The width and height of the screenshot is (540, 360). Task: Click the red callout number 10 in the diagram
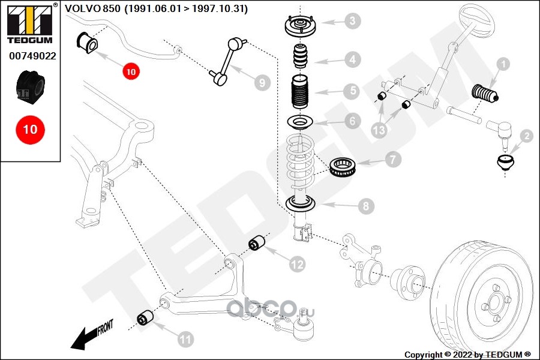pyautogui.click(x=131, y=71)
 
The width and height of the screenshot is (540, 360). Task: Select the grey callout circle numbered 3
pyautogui.click(x=352, y=22)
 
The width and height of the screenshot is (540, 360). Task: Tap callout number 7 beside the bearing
pyautogui.click(x=393, y=160)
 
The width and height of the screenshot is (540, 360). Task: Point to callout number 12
pyautogui.click(x=296, y=263)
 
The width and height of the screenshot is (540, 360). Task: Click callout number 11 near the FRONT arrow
pyautogui.click(x=186, y=340)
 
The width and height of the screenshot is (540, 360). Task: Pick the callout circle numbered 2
pyautogui.click(x=526, y=136)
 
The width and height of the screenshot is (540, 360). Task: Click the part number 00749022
pyautogui.click(x=32, y=56)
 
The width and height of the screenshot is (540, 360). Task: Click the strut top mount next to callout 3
pyautogui.click(x=298, y=28)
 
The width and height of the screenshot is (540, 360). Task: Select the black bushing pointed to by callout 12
pyautogui.click(x=258, y=243)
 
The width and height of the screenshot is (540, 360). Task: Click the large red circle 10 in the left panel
pyautogui.click(x=30, y=129)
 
